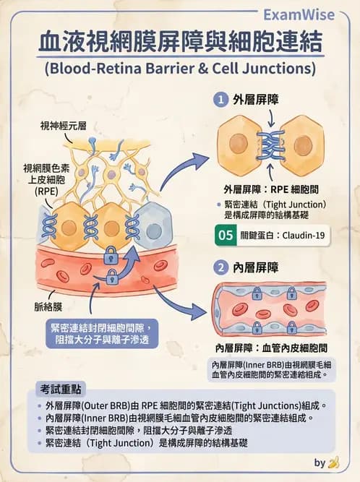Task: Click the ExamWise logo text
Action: (299, 14)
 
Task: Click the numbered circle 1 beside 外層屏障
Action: (220, 100)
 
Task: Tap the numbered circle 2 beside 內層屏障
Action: (220, 267)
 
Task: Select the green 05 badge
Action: (226, 235)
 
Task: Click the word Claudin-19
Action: (304, 236)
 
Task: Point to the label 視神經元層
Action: (64, 126)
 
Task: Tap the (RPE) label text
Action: (46, 191)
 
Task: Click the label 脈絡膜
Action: (48, 307)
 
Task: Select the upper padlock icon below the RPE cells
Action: (111, 255)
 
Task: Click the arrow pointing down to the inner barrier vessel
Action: (179, 303)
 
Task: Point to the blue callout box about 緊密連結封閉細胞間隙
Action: (102, 334)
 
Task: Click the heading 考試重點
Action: (61, 390)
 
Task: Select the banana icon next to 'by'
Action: (334, 462)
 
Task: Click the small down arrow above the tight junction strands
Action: (271, 119)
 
